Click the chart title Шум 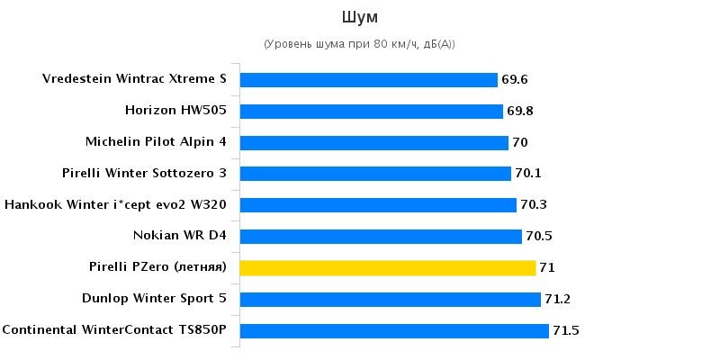pos(359,17)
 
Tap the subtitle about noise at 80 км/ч pos(359,44)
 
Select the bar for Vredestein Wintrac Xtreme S pos(369,80)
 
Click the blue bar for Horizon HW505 pos(372,112)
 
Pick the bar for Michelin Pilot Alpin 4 pos(374,142)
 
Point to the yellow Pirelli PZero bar pos(388,267)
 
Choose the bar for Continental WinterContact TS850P pos(394,330)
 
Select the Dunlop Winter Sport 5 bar pos(391,299)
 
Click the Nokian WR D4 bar pos(381,236)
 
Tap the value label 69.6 pos(515,80)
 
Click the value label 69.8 pos(520,112)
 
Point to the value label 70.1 pos(528,174)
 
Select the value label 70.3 pos(534,205)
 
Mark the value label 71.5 pos(566,330)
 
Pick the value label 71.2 pos(558,299)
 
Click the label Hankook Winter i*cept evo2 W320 pos(115,204)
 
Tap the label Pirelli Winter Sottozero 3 pos(144,173)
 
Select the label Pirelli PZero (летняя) pos(157,267)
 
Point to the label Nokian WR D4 pos(179,236)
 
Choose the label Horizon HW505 pos(175,111)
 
